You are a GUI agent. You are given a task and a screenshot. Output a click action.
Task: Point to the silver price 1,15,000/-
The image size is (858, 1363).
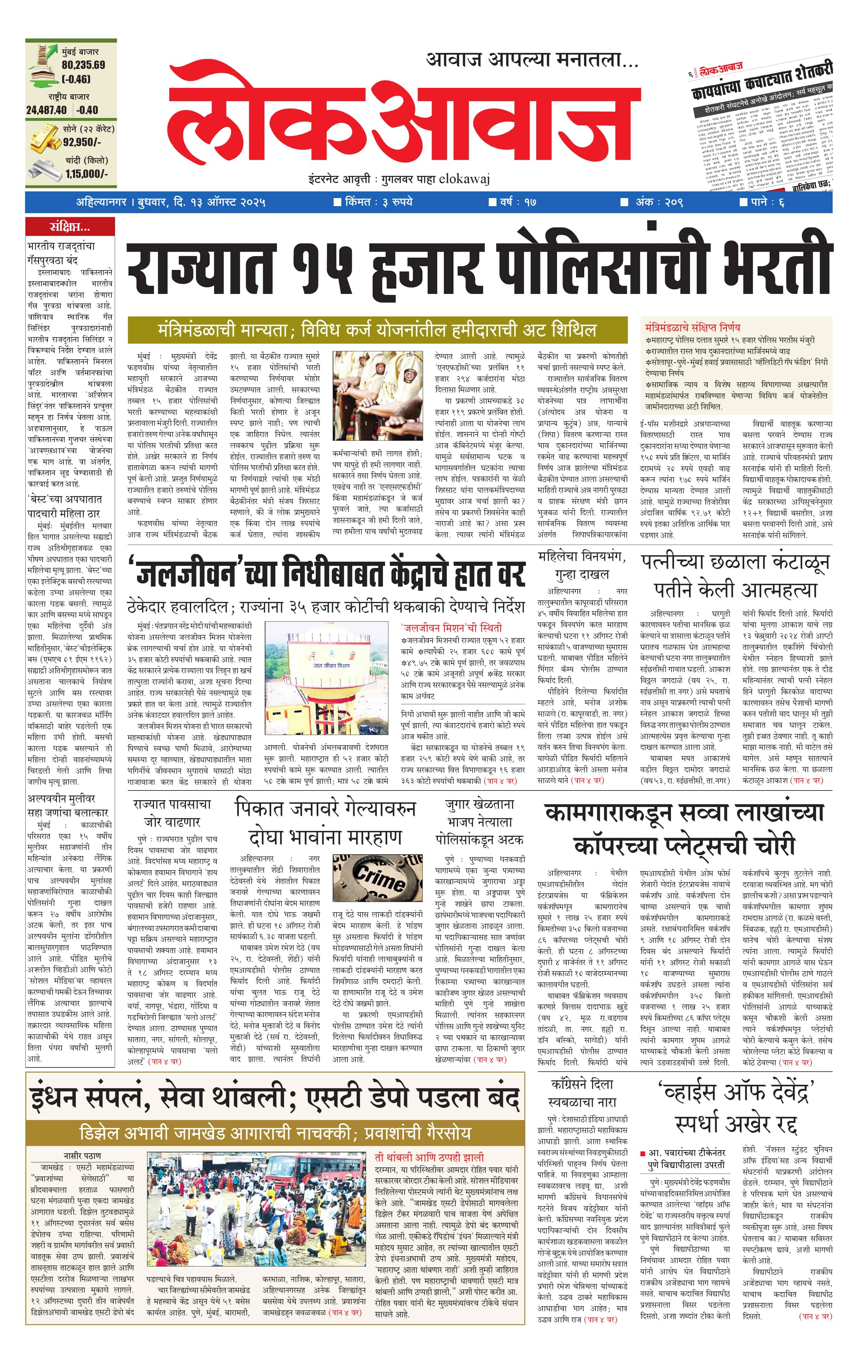[x=86, y=174]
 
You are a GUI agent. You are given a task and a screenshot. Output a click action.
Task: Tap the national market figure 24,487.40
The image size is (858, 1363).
[x=46, y=110]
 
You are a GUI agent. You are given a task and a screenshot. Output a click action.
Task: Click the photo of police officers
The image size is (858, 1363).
[x=378, y=396]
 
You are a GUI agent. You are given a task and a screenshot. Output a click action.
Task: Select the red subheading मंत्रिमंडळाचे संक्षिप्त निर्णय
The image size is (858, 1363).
[x=692, y=327]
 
